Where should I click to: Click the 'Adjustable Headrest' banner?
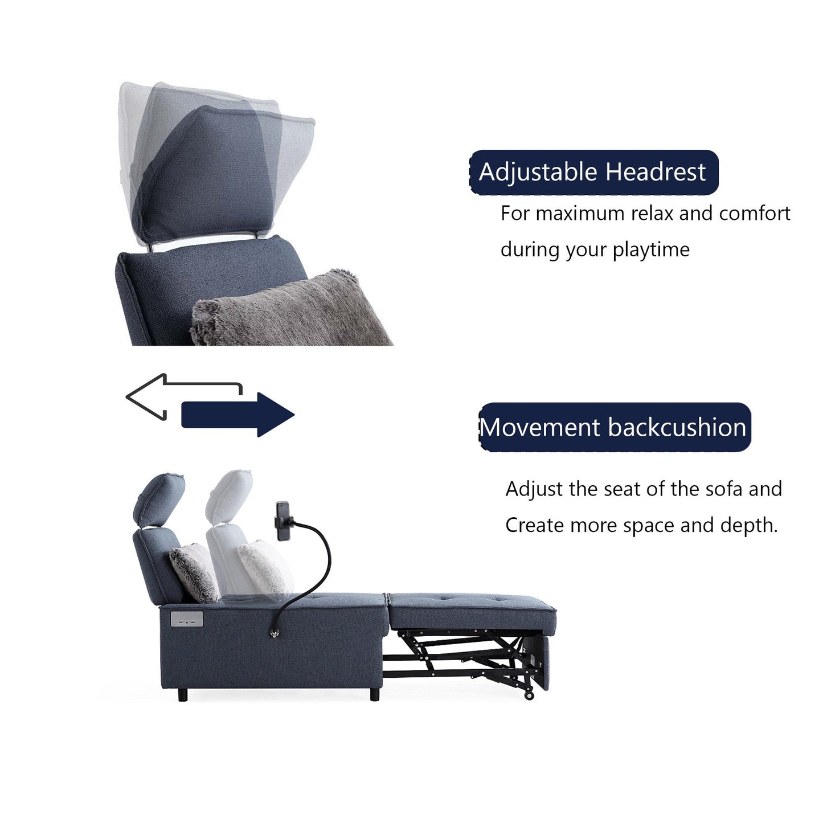(593, 172)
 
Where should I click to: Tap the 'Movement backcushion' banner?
(614, 427)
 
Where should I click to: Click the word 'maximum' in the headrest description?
(580, 214)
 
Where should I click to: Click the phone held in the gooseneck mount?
(282, 521)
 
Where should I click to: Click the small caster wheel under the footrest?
(529, 695)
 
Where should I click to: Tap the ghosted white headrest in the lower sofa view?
(229, 496)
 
